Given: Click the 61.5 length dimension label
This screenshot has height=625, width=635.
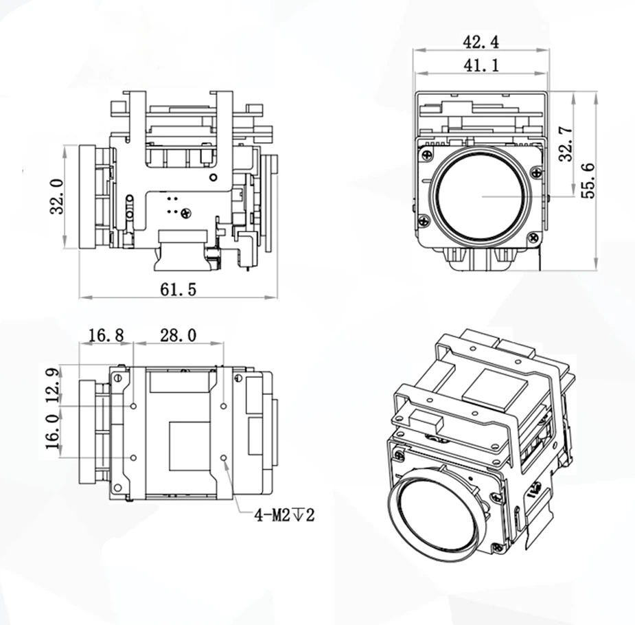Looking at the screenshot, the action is [x=178, y=289].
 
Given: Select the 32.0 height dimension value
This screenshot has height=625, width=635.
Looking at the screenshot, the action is [x=57, y=196].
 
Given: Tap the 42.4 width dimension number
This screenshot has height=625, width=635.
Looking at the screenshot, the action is [x=481, y=42].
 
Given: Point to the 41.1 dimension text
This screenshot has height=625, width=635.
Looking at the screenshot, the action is [x=481, y=65].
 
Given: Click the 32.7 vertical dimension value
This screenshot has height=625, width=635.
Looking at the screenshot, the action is [x=566, y=144].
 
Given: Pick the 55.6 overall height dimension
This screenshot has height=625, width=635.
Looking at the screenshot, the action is [x=588, y=180].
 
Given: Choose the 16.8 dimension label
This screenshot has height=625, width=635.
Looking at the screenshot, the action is [x=106, y=335].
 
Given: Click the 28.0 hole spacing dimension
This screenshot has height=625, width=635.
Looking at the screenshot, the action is [x=178, y=335].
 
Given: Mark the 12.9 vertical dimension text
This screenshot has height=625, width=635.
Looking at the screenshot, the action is [x=53, y=385].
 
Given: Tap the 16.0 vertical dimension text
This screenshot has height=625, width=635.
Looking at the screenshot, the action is [x=53, y=432].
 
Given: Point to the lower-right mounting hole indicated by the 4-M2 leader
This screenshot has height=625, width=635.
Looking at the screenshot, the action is [x=224, y=457].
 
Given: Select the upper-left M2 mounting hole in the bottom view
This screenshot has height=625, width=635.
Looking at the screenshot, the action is [x=134, y=406].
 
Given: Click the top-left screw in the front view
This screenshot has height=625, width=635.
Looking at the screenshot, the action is [x=427, y=155].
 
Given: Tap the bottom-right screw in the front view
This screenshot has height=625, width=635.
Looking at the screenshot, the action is [x=534, y=238].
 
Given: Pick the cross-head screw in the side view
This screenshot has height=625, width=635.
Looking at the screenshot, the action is [x=186, y=213].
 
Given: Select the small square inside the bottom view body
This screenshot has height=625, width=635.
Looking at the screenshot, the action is [x=189, y=446].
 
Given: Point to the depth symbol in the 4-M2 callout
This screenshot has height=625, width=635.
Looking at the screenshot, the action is [x=298, y=515].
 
